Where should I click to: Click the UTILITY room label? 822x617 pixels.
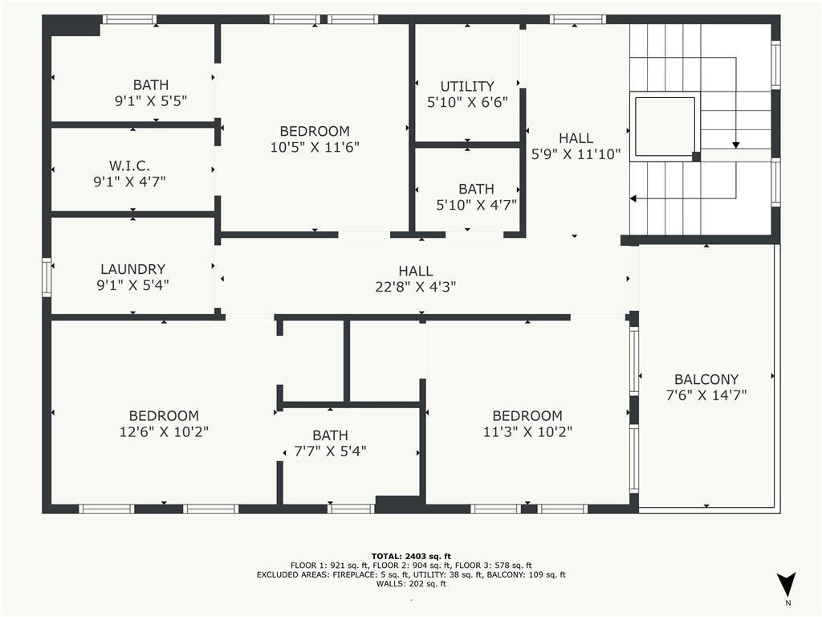click(x=467, y=86)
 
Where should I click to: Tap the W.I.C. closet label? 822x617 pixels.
click(x=129, y=165)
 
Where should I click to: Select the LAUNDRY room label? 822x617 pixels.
click(x=132, y=269)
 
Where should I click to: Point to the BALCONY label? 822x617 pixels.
click(x=706, y=379)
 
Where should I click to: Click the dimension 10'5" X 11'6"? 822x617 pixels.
click(x=315, y=148)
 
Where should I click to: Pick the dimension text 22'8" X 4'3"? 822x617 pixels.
click(x=416, y=287)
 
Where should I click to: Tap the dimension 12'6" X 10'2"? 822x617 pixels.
click(x=164, y=431)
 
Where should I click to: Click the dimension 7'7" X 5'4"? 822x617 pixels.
click(x=330, y=452)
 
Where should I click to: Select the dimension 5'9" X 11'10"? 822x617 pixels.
click(x=576, y=154)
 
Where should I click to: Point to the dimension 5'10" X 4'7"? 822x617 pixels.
click(x=477, y=205)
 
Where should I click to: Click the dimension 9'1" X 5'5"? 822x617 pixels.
click(x=151, y=100)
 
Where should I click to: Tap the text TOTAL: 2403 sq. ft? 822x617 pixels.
click(x=411, y=556)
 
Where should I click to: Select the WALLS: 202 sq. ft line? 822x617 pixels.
click(x=411, y=583)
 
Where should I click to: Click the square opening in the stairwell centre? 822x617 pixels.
click(x=665, y=126)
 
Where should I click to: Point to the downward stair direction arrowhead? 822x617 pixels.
click(x=735, y=145)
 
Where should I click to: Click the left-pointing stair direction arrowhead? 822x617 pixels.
click(x=633, y=199)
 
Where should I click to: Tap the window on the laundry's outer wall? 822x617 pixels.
click(x=47, y=277)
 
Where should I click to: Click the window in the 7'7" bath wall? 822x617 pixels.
click(x=352, y=509)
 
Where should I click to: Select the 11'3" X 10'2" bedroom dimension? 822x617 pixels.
click(x=527, y=431)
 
